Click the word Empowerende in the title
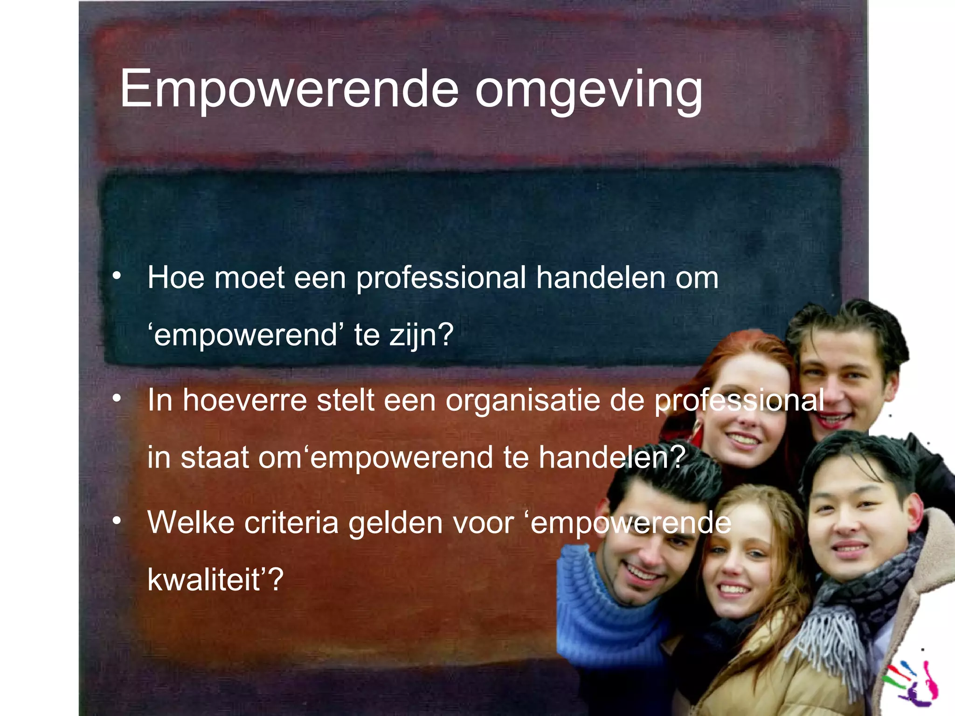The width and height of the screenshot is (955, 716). (289, 89)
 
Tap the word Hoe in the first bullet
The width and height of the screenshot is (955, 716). (176, 278)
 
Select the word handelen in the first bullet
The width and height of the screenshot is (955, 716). (601, 278)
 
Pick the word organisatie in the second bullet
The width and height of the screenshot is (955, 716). (522, 400)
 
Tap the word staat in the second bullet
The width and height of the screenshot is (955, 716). (215, 457)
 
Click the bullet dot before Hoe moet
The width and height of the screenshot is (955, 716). (117, 276)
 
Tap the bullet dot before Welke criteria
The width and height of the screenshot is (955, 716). (117, 520)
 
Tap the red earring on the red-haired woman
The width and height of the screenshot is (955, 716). (696, 434)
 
